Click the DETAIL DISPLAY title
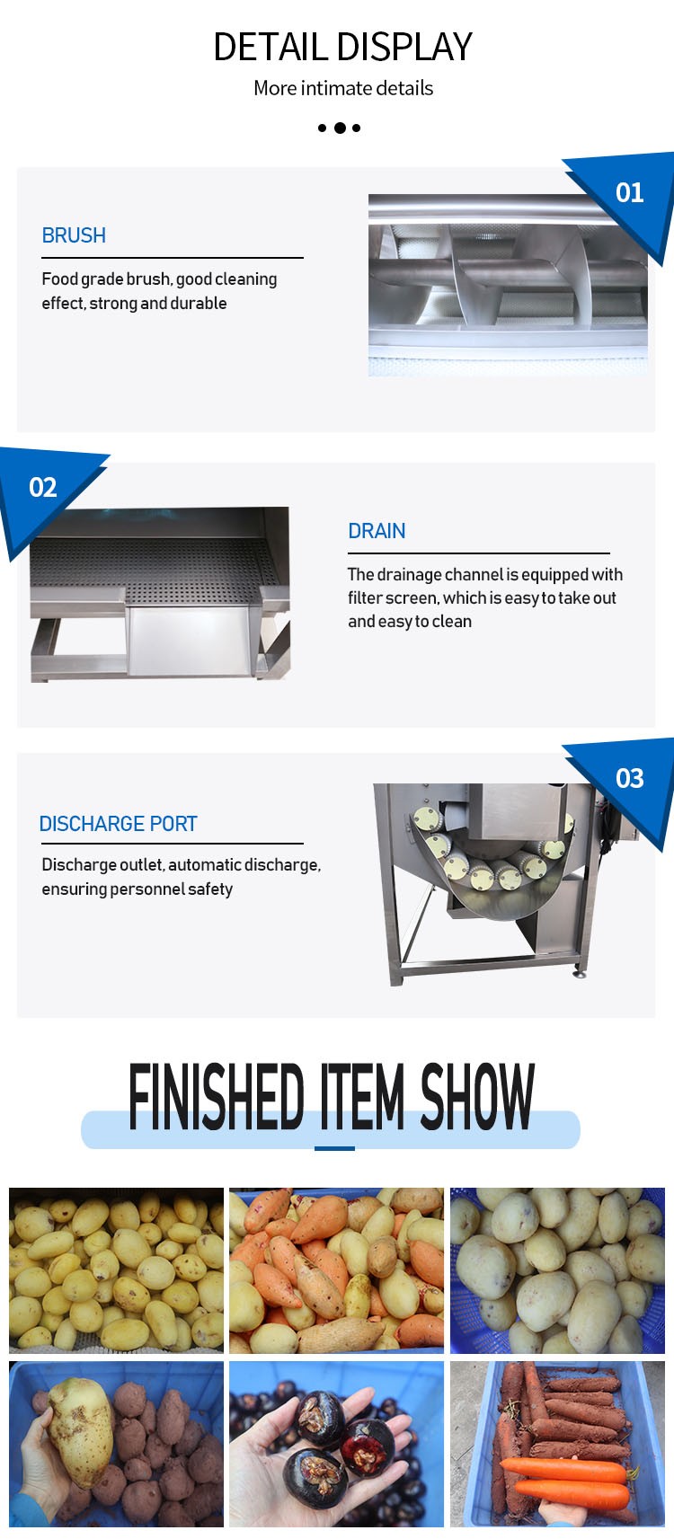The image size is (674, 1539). (x=342, y=47)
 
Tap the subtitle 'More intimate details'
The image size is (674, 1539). (x=342, y=88)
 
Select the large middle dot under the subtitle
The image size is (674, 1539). (x=340, y=128)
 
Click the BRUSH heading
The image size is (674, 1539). (x=74, y=235)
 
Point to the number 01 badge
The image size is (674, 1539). (x=629, y=193)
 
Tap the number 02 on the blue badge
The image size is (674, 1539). (x=42, y=487)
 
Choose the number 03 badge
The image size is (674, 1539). (x=629, y=778)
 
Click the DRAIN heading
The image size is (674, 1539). (x=377, y=530)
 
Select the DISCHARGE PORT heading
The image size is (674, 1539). (x=118, y=823)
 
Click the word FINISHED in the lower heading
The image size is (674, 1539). (x=216, y=1097)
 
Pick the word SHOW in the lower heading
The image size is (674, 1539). (x=477, y=1097)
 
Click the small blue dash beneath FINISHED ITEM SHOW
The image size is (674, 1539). (x=334, y=1148)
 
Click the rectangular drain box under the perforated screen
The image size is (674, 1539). (x=188, y=641)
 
